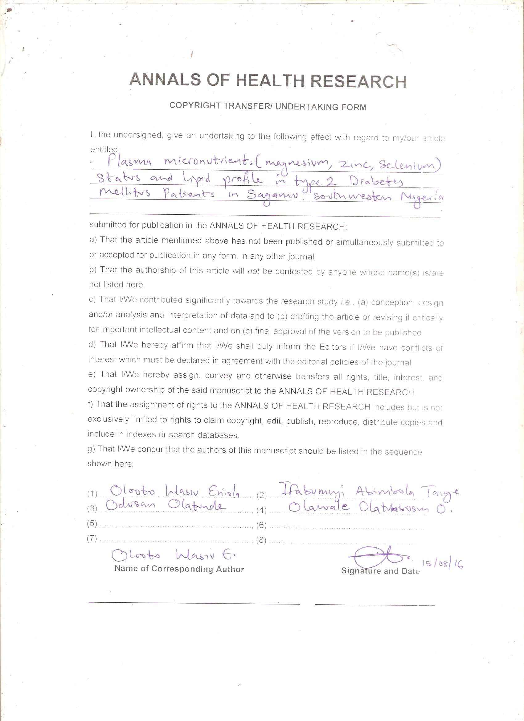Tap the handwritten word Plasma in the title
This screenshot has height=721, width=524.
coord(129,162)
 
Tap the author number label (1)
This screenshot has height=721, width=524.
coord(92,494)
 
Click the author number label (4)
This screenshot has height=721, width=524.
coord(261,510)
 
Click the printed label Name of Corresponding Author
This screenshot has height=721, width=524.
coord(179,569)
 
